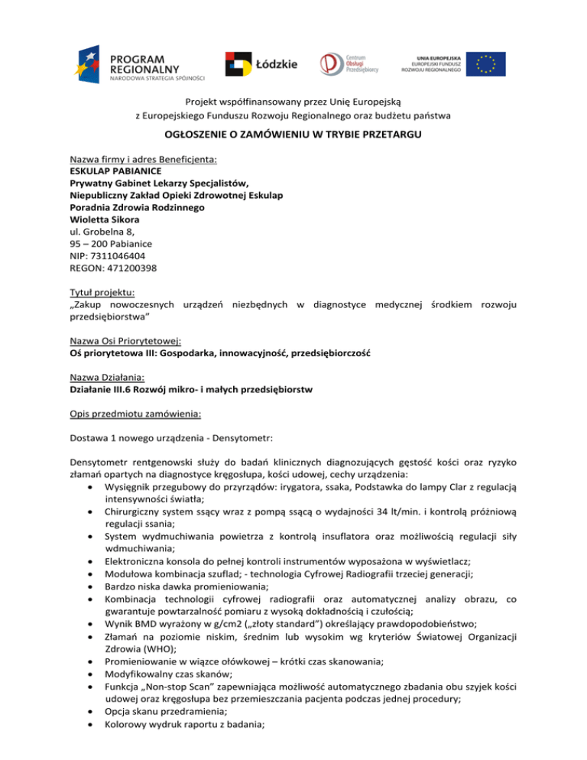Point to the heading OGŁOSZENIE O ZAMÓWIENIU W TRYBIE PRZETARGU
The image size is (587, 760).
click(x=293, y=135)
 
